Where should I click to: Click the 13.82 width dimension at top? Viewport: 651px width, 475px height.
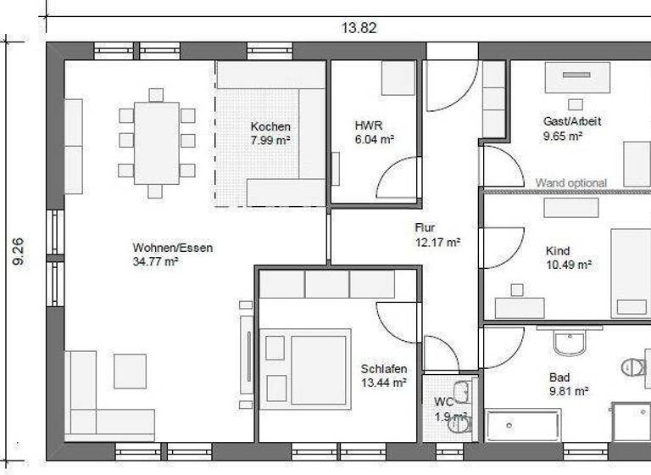[359, 27]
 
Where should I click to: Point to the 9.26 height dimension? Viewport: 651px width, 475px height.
[18, 252]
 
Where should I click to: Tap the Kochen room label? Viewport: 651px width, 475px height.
[270, 127]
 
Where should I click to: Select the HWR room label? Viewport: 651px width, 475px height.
[368, 126]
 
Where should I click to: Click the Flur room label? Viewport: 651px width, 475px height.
[425, 227]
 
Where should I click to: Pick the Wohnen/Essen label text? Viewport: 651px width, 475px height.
[172, 248]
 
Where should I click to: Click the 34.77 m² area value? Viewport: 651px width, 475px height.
[155, 262]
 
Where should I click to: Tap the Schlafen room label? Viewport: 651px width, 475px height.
[383, 369]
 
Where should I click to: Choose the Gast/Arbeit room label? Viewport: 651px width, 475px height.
[572, 121]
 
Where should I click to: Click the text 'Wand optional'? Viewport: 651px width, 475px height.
[570, 182]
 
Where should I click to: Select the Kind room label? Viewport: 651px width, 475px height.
[558, 251]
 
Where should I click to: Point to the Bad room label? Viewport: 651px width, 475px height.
[559, 377]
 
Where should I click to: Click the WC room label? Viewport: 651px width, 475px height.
[443, 401]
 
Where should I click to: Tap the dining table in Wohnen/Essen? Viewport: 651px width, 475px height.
[157, 142]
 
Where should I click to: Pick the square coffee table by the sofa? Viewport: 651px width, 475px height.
[130, 371]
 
